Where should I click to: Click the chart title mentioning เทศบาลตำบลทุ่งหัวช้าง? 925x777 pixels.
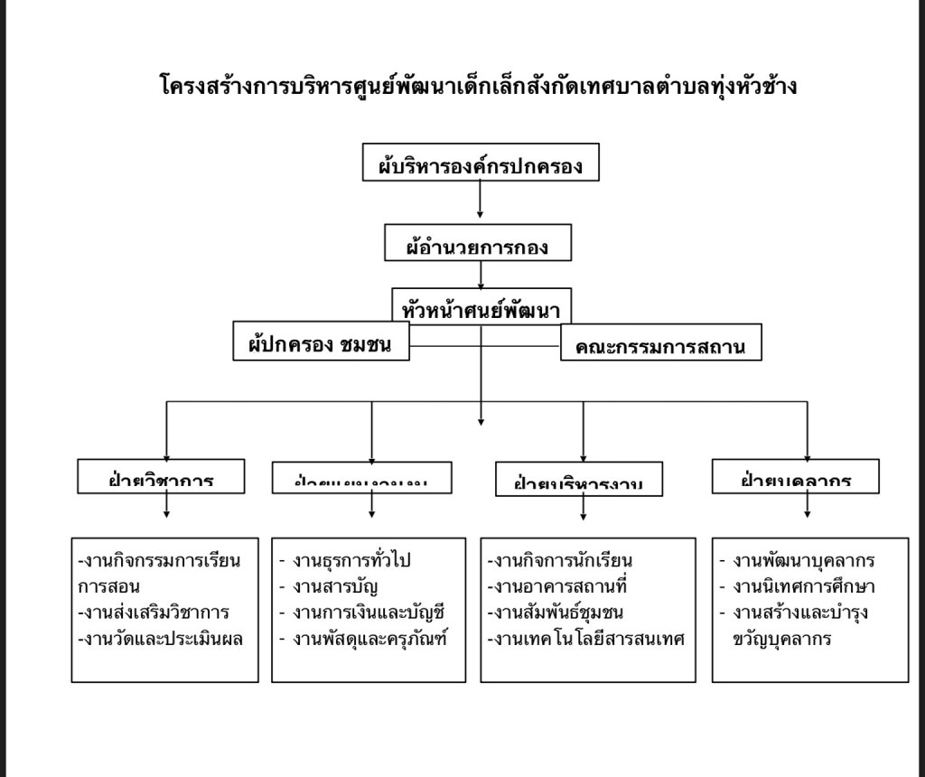[x=478, y=87]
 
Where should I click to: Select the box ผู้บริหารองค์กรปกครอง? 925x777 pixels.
[x=480, y=164]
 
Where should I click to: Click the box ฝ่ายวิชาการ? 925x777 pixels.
[x=160, y=476]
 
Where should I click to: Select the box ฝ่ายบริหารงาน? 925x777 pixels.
[x=578, y=480]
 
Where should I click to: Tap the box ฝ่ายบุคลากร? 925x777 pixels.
[x=795, y=476]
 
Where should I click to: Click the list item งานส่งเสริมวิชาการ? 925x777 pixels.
[x=154, y=612]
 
